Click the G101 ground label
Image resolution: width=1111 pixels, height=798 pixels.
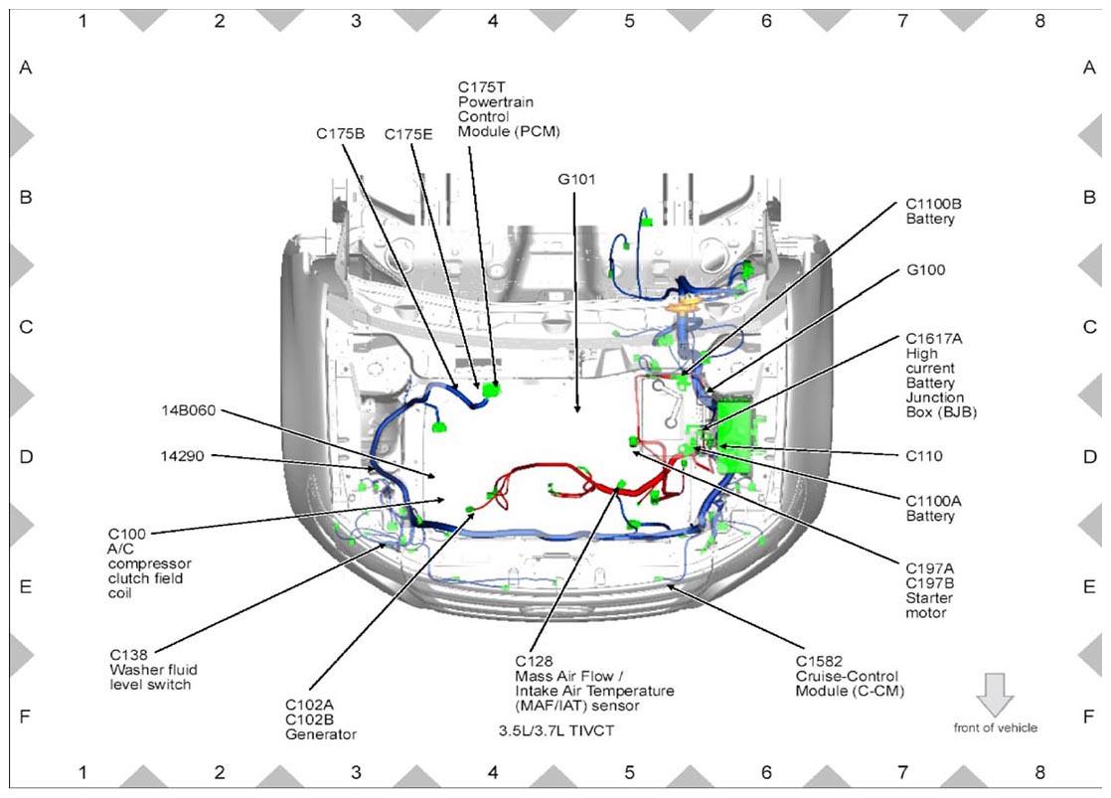click(576, 179)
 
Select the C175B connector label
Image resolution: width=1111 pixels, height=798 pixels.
click(340, 134)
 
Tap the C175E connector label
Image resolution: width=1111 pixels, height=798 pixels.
click(408, 134)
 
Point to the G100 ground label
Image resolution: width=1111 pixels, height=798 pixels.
click(925, 270)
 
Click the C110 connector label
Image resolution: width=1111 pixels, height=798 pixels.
click(924, 456)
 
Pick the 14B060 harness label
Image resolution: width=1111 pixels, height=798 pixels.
click(189, 410)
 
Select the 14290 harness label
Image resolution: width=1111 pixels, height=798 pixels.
click(182, 456)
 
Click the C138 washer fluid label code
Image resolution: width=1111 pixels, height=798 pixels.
click(128, 655)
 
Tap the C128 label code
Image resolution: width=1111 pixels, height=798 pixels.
click(534, 661)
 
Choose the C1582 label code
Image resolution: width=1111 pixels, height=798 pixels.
click(819, 661)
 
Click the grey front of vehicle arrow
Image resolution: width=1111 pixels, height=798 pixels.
click(995, 694)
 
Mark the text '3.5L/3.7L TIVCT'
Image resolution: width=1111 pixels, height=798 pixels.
click(556, 730)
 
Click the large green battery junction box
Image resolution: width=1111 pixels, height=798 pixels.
click(734, 436)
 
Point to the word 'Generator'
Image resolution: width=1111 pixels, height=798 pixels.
click(320, 734)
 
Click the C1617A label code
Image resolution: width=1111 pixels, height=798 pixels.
click(934, 339)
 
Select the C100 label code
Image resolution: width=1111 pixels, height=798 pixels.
click(127, 534)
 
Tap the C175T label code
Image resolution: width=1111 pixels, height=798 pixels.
click(482, 87)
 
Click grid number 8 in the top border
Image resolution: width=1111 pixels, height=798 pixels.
click(1039, 21)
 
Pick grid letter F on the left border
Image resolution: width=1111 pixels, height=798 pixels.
click(26, 717)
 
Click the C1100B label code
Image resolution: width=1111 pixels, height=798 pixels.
click(934, 204)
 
